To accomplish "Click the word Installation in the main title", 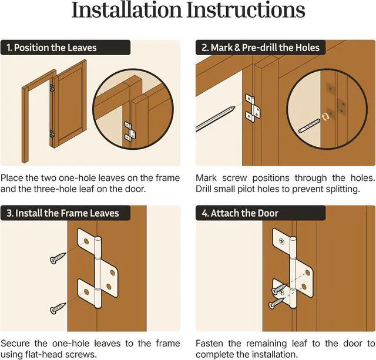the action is [127, 10].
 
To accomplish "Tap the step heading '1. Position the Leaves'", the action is [52, 48].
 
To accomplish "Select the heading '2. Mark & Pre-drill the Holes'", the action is [260, 48].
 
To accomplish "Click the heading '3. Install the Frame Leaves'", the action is [63, 213].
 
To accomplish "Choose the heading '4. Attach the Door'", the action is [240, 213].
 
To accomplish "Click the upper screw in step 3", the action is [58, 258].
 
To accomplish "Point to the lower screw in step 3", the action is [58, 308].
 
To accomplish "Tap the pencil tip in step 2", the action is [233, 108].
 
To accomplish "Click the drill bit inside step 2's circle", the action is [310, 126].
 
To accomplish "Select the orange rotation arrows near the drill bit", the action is [325, 117].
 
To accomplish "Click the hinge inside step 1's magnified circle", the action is [130, 132].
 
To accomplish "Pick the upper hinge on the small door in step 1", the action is [52, 88].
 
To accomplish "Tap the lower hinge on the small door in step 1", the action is [52, 134].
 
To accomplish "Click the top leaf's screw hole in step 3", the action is [86, 241].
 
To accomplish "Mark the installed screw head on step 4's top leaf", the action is [282, 241].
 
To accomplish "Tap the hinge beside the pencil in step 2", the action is [253, 108].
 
